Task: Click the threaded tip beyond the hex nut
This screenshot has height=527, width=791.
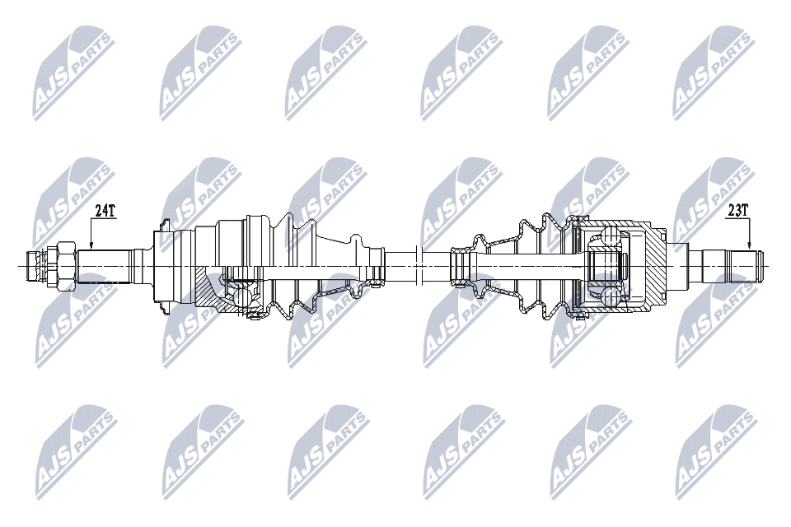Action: [x=36, y=266]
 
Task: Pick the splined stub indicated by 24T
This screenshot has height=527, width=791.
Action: [x=104, y=266]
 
